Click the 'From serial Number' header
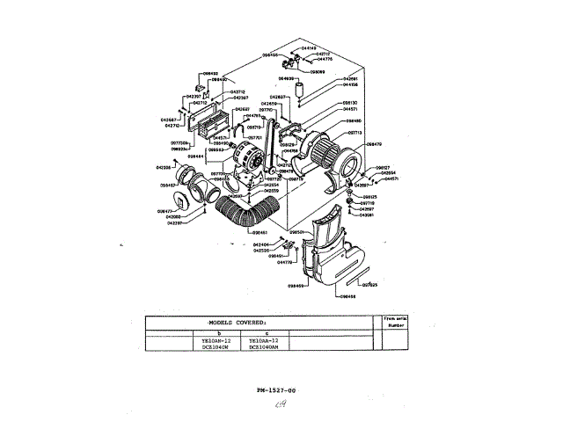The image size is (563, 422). (x=396, y=321)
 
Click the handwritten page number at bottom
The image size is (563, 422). (x=281, y=404)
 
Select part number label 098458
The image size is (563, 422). (x=348, y=296)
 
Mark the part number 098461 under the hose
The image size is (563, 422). (x=233, y=233)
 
